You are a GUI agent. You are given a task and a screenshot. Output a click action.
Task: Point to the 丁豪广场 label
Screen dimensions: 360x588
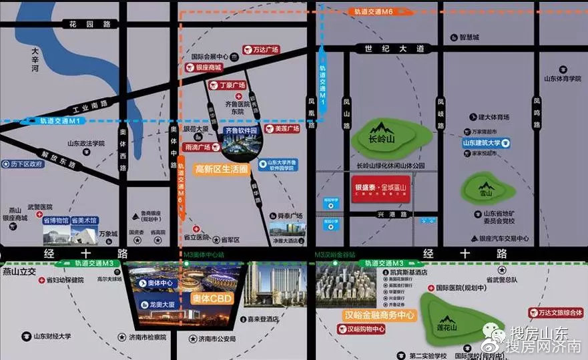[x=232, y=85]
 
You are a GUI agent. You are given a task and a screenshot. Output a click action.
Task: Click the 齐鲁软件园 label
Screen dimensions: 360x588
[x=242, y=131]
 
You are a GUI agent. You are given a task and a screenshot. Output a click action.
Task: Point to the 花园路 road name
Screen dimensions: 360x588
[x=89, y=25]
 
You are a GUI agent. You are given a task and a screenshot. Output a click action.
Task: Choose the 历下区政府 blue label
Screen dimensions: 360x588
[x=27, y=163]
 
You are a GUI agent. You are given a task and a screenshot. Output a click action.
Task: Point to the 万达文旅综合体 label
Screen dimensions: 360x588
[x=556, y=312]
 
